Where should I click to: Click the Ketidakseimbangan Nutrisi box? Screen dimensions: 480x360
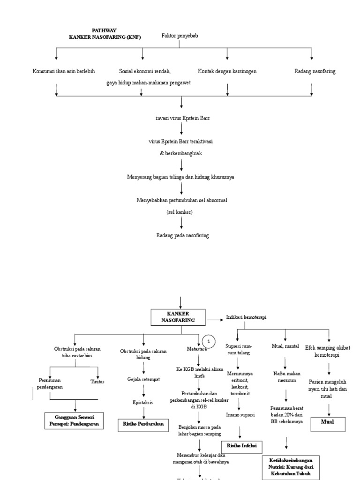tap(291, 467)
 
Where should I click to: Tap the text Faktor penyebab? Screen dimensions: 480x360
tap(180, 36)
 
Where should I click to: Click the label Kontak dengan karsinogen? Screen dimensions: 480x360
tap(227, 71)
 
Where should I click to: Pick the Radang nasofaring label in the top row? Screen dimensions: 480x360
tap(315, 71)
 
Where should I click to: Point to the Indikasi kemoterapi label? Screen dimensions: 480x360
tap(246, 317)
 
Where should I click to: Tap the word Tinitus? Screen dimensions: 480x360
tap(97, 382)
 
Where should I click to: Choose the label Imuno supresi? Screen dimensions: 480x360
tap(240, 415)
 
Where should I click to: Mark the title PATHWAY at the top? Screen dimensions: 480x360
tap(104, 30)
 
